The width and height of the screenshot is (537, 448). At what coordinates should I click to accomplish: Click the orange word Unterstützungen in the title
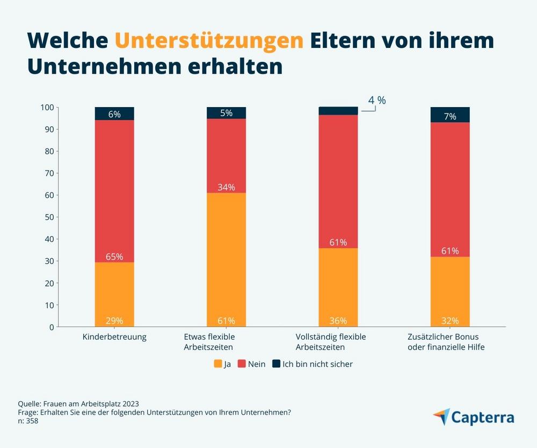coord(209,41)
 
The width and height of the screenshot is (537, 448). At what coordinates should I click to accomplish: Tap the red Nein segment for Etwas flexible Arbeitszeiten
coord(226,156)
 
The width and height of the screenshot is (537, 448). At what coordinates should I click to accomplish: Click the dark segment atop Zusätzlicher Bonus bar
coord(450,115)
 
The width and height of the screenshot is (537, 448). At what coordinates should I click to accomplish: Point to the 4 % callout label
coord(377,101)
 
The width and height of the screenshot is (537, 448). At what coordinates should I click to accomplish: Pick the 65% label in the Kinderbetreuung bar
coord(114,256)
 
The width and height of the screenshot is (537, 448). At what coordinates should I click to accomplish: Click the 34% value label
coord(226,187)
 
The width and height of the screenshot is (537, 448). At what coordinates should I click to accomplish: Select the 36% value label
coord(338,321)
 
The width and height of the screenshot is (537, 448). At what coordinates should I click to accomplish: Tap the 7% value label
coord(450,116)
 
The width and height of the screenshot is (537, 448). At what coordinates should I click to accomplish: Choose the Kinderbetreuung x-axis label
coord(114,337)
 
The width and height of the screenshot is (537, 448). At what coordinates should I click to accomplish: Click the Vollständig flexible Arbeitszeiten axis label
coord(331,342)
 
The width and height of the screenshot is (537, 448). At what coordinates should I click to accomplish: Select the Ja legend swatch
coord(217,364)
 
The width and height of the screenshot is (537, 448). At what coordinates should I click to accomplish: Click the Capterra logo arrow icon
coord(442,417)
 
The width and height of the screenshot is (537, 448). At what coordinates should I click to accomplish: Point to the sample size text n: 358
coord(28,421)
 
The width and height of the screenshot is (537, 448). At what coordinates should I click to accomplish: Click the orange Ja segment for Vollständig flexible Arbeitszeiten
coord(338,285)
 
